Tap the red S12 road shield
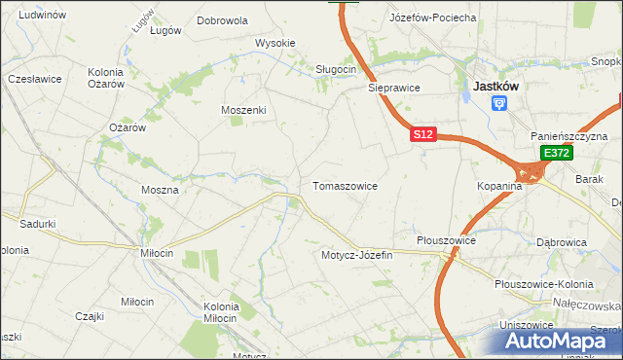421,136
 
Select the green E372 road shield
556,154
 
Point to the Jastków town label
495,86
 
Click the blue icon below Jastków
499,103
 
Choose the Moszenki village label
243,110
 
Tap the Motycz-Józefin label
356,255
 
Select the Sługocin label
336,69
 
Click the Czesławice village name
35,78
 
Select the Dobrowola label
222,19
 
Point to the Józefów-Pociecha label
432,18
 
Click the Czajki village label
90,315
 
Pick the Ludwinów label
42,15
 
